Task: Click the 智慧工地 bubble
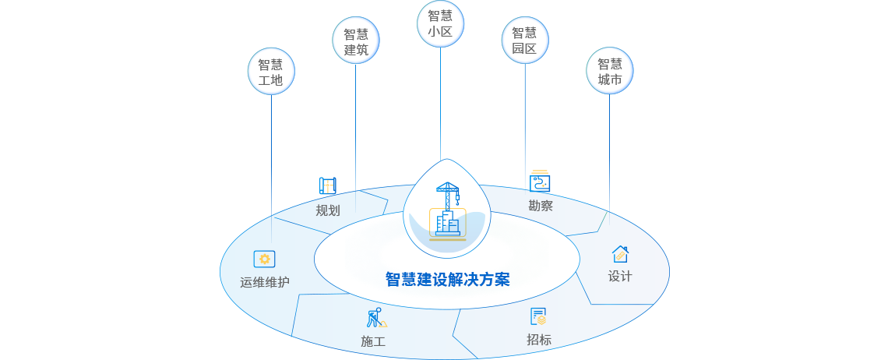point(270,72)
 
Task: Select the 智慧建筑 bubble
point(356,42)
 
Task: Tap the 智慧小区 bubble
point(441,23)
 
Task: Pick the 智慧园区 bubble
point(524,41)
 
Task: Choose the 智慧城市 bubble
point(610,72)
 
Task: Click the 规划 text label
point(328,210)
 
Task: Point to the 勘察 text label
point(540,206)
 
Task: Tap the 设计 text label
point(620,276)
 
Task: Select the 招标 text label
point(539,339)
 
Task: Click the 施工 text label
point(373,341)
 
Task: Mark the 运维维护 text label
point(265,281)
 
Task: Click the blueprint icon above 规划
point(328,185)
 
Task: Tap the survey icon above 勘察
point(540,182)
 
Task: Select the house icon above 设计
point(620,254)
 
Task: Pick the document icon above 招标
point(538,316)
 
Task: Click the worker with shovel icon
point(375,318)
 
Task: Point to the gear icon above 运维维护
point(265,259)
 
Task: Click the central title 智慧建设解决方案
point(447,279)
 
